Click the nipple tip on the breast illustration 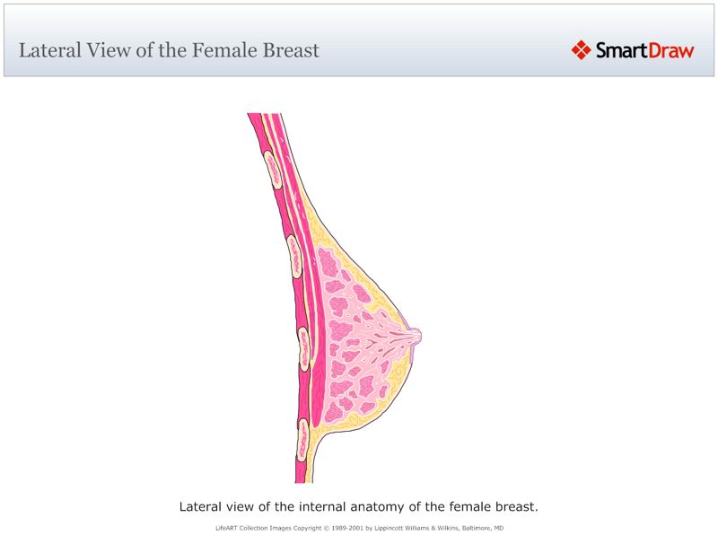pos(416,336)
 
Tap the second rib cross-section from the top pos(293,255)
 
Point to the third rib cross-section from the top pos(304,347)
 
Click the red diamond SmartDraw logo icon pos(581,50)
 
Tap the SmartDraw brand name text pos(644,50)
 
